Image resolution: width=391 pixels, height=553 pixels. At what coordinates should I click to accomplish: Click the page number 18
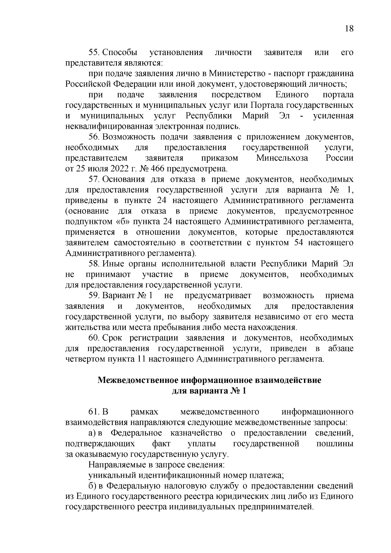click(x=349, y=29)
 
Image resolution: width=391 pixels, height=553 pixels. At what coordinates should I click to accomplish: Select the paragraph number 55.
click(x=94, y=52)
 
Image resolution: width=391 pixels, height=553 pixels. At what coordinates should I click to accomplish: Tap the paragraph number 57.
click(x=94, y=179)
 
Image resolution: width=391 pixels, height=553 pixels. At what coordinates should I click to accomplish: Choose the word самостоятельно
click(x=145, y=243)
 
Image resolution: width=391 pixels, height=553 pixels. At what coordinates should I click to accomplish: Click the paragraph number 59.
click(x=94, y=296)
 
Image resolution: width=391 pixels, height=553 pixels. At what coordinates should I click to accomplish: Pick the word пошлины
click(x=335, y=444)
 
